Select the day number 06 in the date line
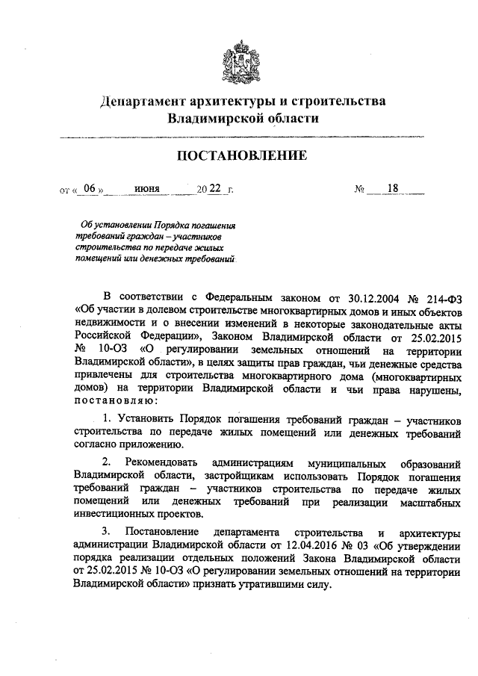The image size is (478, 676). click(90, 189)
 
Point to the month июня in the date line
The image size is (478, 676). click(147, 189)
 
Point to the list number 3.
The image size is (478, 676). click(106, 531)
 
